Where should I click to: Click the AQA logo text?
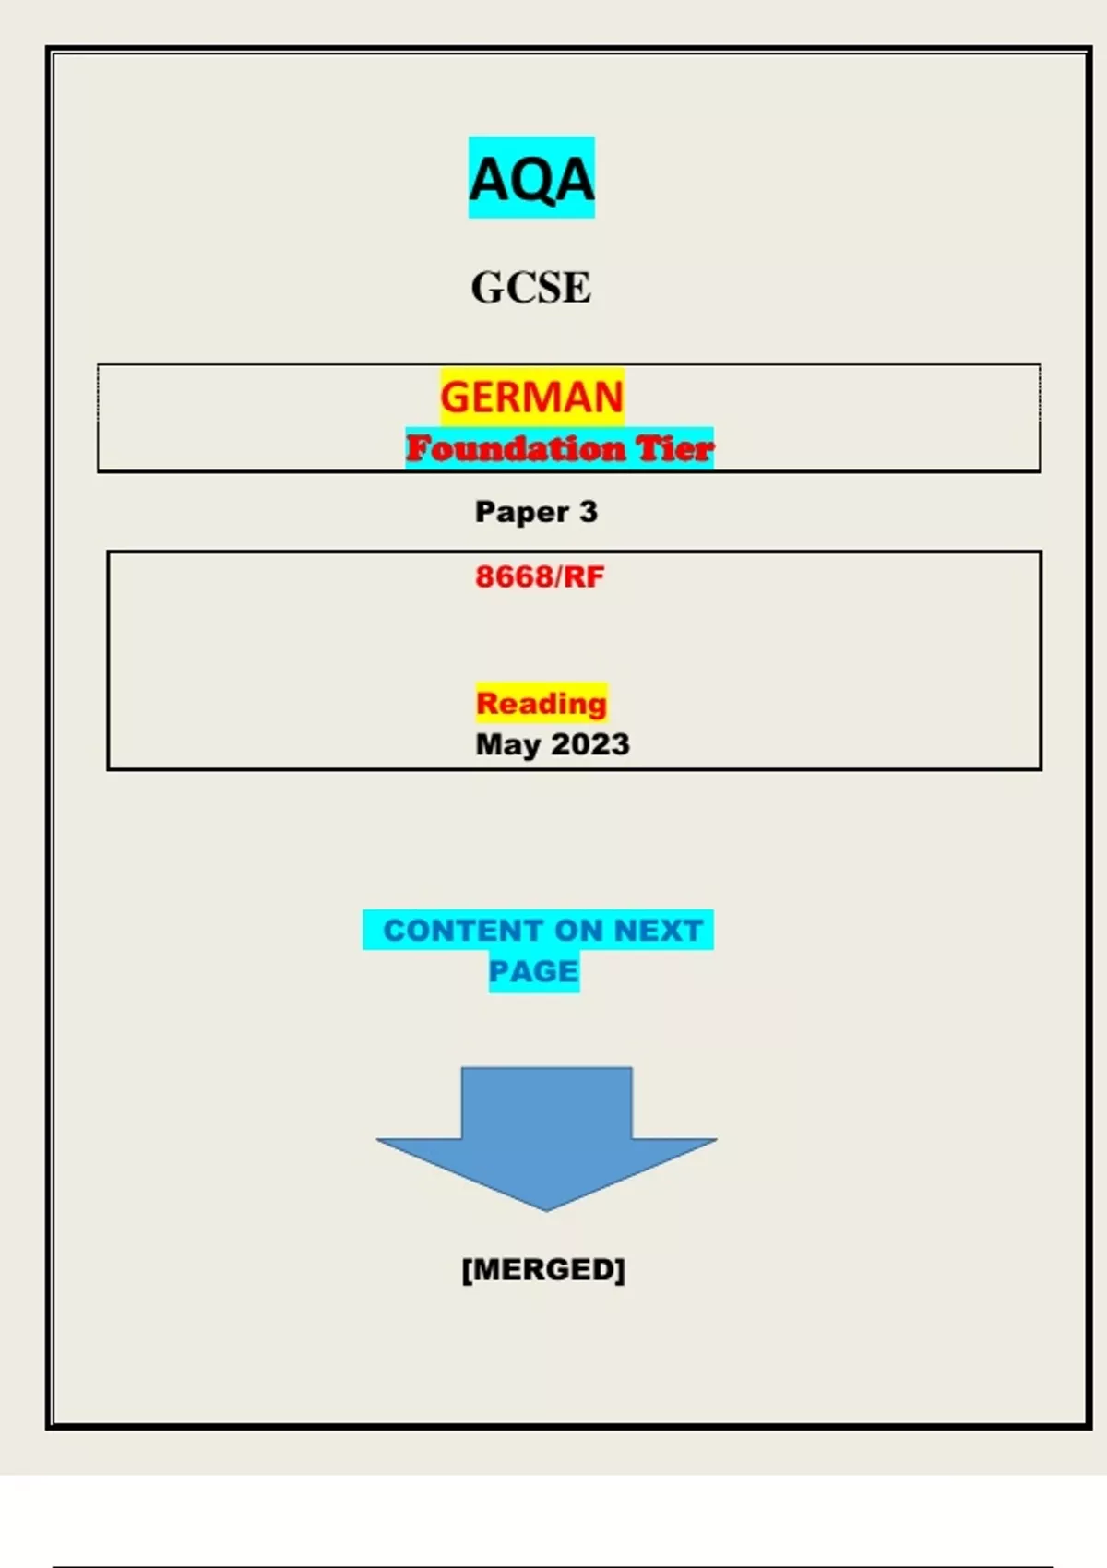click(x=531, y=179)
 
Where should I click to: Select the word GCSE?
click(x=531, y=288)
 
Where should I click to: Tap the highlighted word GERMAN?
click(x=531, y=398)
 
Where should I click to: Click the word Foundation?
click(x=515, y=449)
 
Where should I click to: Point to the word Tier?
click(x=674, y=449)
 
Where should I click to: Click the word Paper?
click(x=521, y=512)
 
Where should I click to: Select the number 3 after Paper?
click(x=589, y=511)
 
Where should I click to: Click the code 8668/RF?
click(x=540, y=577)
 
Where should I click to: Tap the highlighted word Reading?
click(x=542, y=704)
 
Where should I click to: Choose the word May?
click(x=507, y=745)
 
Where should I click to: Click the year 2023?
click(x=590, y=744)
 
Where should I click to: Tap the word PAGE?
click(x=533, y=971)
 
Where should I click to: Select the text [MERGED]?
click(x=543, y=1269)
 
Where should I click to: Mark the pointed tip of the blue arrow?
click(x=546, y=1208)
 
